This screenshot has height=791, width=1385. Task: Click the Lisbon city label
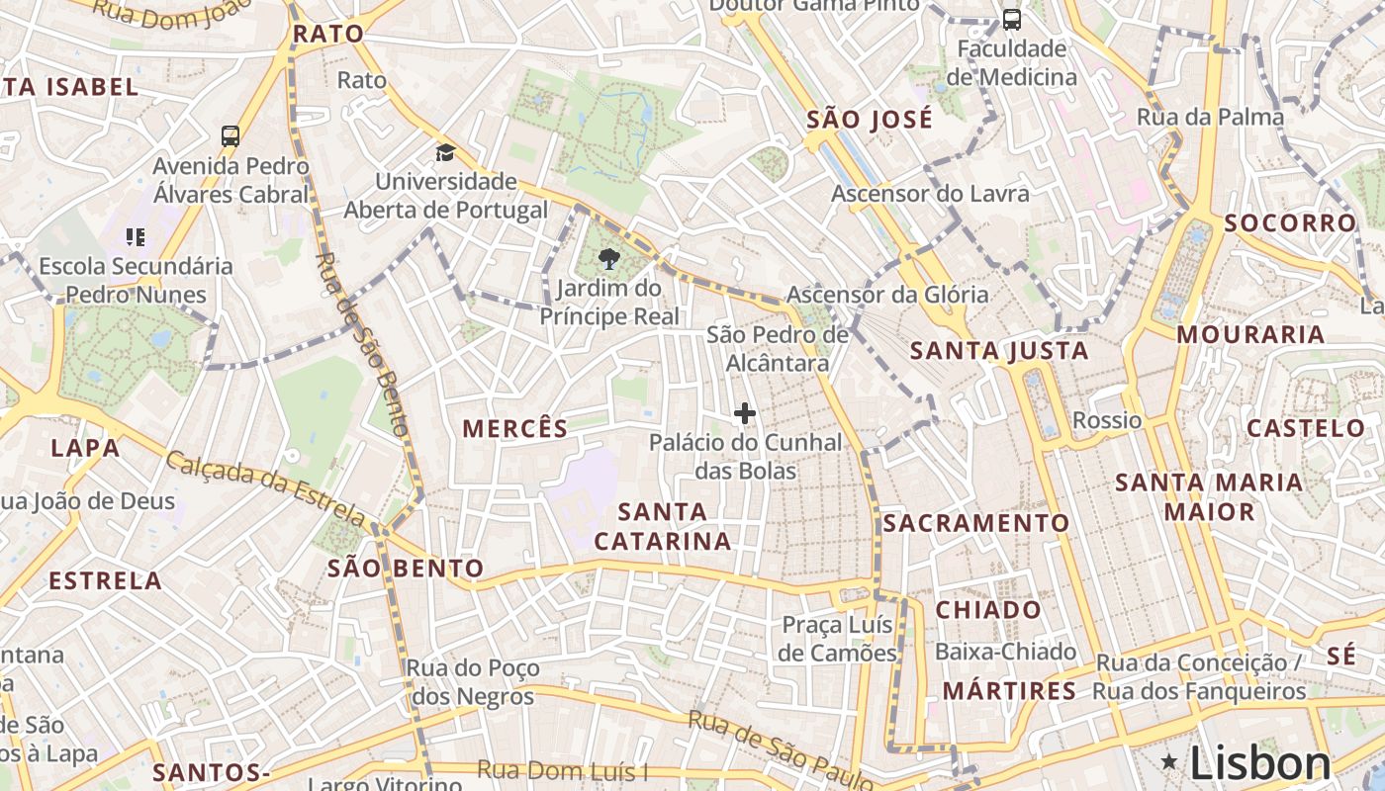1260,763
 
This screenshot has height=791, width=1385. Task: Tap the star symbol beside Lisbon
1169,761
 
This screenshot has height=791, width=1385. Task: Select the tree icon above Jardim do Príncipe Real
608,260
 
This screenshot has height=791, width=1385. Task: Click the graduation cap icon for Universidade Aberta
445,153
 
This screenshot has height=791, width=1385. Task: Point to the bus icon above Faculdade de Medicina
1011,20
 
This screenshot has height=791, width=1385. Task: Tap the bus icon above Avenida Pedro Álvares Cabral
231,136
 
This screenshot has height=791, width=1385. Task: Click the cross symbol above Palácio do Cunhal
745,413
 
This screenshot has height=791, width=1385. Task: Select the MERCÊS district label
515,428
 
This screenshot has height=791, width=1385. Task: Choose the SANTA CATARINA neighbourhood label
663,526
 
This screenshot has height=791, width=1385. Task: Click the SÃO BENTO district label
406,569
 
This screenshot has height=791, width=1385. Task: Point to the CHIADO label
988,609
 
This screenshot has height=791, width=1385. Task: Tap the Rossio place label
1107,420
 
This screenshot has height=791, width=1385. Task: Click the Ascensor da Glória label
887,294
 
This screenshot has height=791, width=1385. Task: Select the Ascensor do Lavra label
930,194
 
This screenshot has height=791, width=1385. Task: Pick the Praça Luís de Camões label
837,639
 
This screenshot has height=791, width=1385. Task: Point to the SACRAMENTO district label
976,523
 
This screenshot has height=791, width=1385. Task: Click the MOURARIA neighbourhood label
1250,334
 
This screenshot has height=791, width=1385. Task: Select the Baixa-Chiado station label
1005,652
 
